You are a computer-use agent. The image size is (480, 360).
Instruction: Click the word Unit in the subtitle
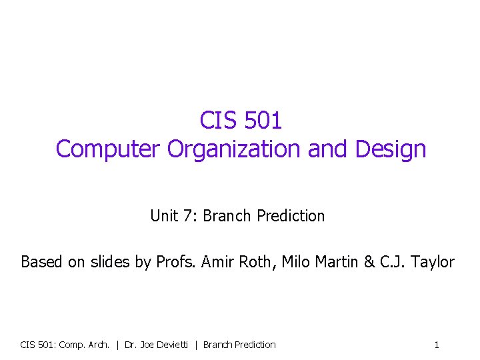point(162,216)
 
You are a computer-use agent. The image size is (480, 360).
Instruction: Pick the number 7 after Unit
point(185,216)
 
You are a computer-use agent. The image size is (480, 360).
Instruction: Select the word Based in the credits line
point(39,262)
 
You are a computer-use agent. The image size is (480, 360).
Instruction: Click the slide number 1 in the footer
point(437,345)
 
